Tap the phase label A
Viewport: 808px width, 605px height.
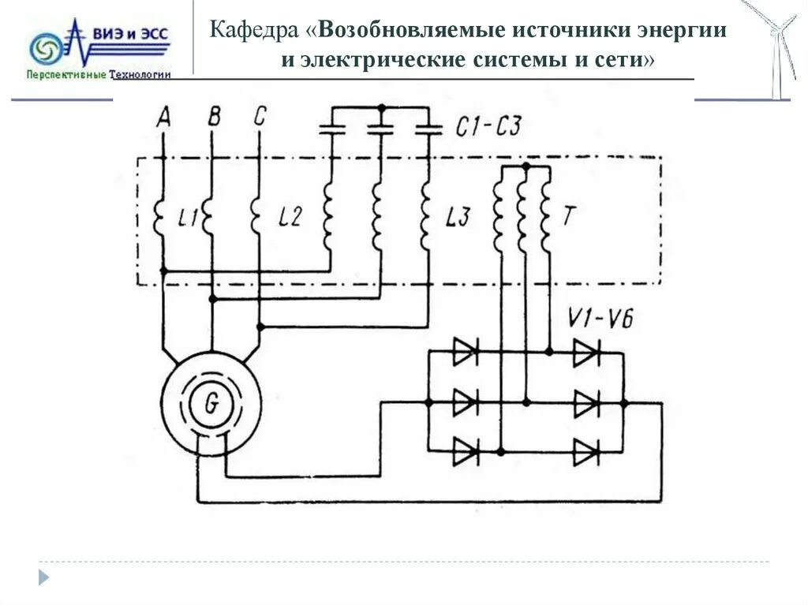tap(163, 117)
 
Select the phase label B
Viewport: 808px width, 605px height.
tap(213, 117)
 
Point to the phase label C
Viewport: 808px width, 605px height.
tap(260, 117)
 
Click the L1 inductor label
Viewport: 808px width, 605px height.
tap(188, 218)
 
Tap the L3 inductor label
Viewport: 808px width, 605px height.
tap(458, 218)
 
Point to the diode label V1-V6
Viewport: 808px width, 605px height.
tap(600, 319)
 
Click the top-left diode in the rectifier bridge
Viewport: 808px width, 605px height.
tap(465, 352)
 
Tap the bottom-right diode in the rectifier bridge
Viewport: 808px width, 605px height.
tap(586, 453)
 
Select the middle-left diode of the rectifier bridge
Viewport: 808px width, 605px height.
tap(465, 403)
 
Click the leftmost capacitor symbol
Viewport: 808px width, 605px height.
tap(332, 129)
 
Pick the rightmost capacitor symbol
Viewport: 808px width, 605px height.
tap(428, 129)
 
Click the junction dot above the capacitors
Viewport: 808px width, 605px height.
tap(381, 106)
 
